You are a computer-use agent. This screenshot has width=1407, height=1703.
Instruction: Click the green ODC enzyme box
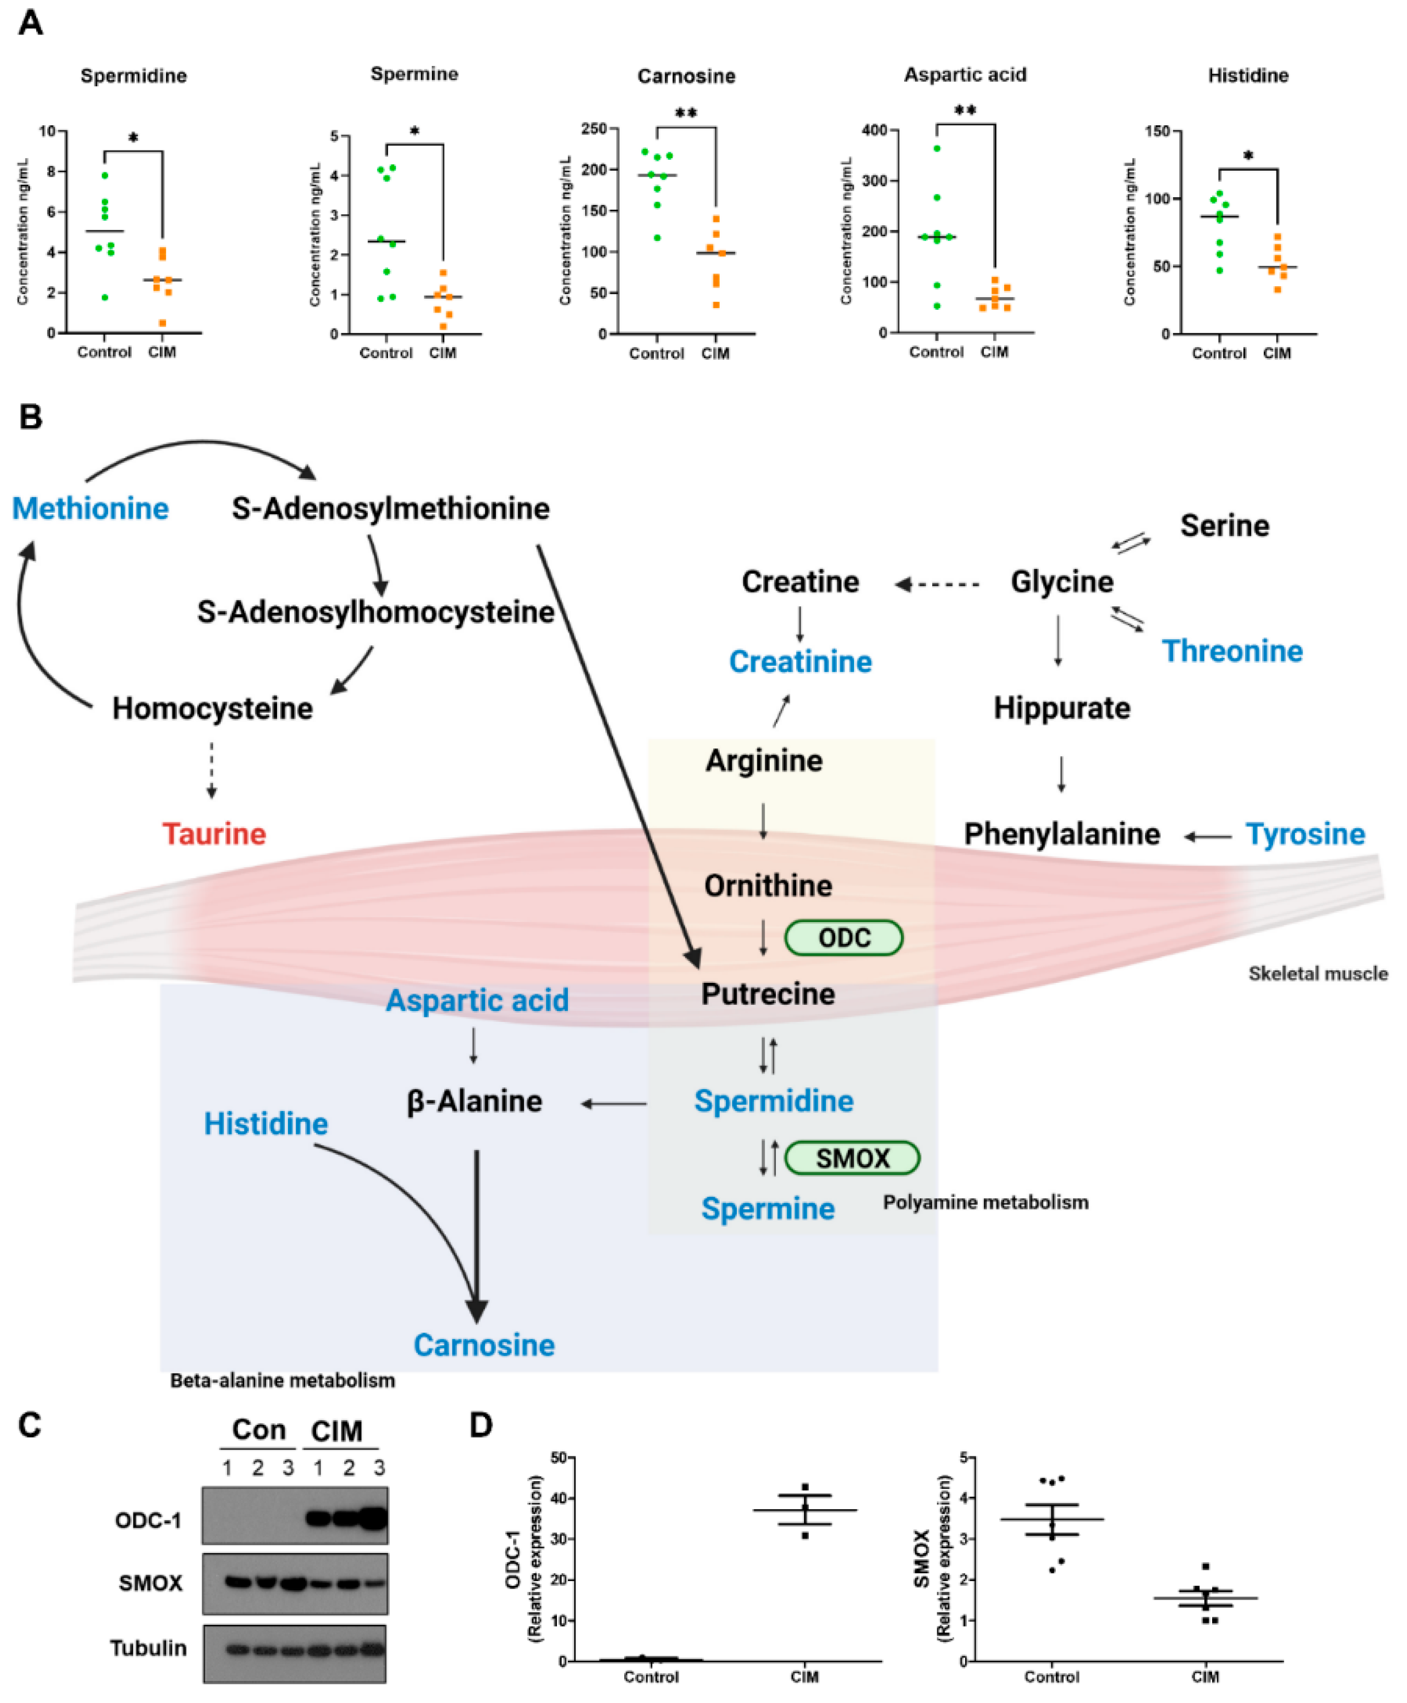(x=843, y=938)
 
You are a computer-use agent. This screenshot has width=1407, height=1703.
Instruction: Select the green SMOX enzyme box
(x=852, y=1158)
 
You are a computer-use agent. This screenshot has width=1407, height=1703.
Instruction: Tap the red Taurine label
(x=214, y=834)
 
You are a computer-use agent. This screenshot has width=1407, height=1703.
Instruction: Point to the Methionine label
(x=90, y=509)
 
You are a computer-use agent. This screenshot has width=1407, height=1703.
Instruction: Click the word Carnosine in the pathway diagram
(x=484, y=1345)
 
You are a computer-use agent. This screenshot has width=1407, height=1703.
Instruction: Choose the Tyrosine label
(x=1305, y=834)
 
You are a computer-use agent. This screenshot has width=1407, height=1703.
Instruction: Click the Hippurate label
(x=1062, y=709)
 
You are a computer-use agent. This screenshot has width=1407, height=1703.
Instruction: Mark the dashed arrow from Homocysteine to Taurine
(x=212, y=770)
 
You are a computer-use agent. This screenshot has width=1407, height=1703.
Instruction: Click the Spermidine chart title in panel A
(x=134, y=76)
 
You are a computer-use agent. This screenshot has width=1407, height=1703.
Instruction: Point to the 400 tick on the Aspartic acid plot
(x=875, y=130)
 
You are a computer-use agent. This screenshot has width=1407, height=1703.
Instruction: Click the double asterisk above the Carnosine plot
(x=686, y=113)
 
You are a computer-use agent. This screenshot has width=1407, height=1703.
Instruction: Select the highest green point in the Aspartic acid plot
(x=937, y=148)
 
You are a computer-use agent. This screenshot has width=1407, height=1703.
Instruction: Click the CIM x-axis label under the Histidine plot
(x=1277, y=353)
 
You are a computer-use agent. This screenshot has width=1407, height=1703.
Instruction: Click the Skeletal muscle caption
(x=1317, y=974)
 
